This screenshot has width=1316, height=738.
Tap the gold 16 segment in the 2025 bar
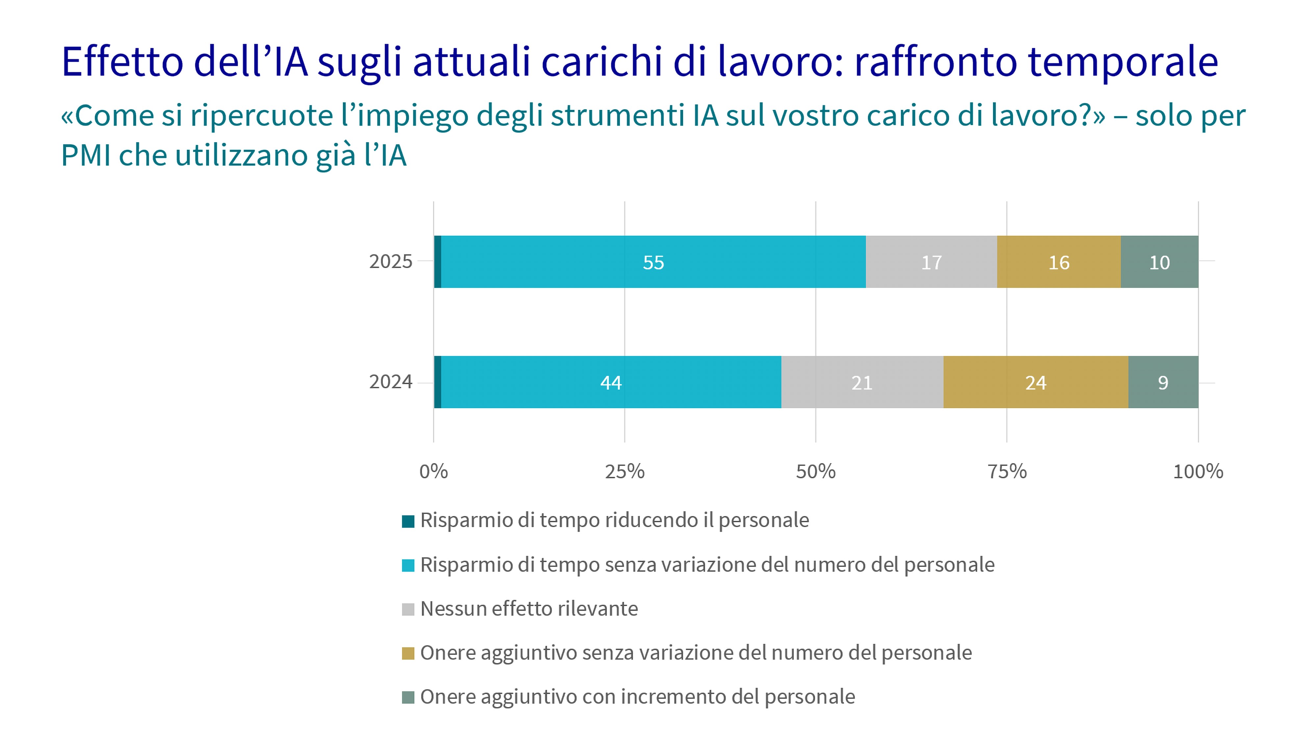tap(1058, 262)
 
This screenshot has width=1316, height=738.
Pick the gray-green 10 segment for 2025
tap(1159, 262)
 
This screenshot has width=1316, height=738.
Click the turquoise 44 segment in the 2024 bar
tap(611, 382)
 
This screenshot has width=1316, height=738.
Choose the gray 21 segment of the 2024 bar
tap(862, 382)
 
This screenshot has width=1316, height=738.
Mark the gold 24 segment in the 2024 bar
tap(1036, 382)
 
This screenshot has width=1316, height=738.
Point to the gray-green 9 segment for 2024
tap(1163, 382)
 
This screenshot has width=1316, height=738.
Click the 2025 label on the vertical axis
tap(390, 262)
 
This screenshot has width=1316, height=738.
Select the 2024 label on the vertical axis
tap(390, 382)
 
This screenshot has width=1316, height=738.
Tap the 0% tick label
tap(433, 471)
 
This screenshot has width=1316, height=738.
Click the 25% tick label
tap(624, 471)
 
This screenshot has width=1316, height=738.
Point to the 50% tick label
tap(815, 471)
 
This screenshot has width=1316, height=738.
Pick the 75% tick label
tap(1006, 471)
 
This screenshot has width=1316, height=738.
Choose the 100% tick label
tap(1198, 471)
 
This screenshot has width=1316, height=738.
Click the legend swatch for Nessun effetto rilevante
tap(408, 609)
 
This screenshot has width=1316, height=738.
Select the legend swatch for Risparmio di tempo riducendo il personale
tap(408, 521)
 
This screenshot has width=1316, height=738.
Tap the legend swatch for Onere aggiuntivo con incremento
tap(408, 697)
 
